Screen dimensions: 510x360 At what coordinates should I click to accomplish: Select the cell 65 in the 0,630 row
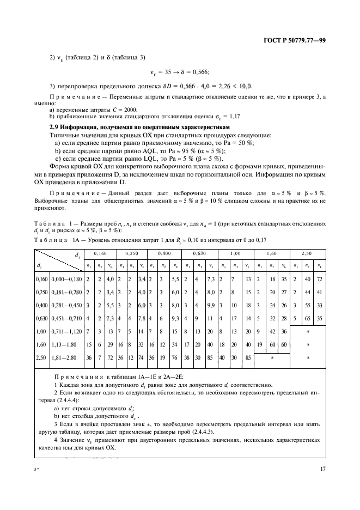click(307, 317)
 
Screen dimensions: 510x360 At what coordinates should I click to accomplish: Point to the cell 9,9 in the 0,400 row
click(211, 305)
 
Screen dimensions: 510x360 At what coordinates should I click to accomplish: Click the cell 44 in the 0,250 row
click(307, 292)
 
